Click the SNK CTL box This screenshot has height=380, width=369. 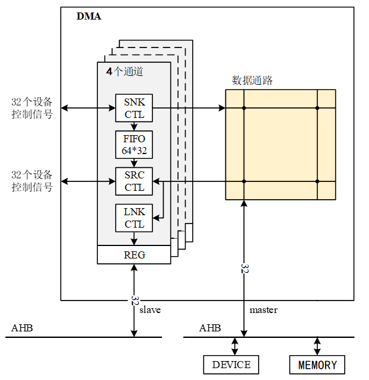134,108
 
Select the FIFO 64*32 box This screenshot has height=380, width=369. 134,145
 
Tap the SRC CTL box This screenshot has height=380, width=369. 134,181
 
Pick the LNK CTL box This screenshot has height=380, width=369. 134,218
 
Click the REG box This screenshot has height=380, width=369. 134,255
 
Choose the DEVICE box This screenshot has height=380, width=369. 231,365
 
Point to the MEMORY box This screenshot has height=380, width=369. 317,365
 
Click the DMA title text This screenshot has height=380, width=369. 88,16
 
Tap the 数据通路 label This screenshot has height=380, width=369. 252,81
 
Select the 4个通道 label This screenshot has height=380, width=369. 125,72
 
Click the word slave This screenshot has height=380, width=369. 150,309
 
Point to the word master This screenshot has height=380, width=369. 263,309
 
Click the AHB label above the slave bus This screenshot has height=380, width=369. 22,328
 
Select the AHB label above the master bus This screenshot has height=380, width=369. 210,328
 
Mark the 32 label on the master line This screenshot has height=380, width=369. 244,268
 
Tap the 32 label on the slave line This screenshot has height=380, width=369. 135,300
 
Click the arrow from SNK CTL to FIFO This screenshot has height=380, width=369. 134,126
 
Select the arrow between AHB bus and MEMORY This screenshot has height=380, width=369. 317,346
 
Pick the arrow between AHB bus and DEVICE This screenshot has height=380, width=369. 235,346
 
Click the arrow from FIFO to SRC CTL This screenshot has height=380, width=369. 134,163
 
